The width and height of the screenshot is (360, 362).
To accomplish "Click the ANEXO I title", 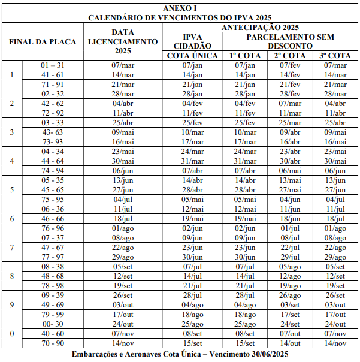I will click(x=180, y=8).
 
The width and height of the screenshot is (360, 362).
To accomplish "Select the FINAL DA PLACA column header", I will click(x=43, y=41).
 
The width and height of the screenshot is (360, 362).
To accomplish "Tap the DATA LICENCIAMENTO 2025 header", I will click(x=122, y=41).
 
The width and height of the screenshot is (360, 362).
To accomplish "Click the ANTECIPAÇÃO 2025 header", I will click(x=260, y=27).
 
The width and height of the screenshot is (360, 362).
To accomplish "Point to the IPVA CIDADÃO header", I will click(x=192, y=41).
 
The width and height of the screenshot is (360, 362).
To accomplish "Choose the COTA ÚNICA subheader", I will click(x=192, y=56).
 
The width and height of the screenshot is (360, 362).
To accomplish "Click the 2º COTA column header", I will click(x=290, y=56).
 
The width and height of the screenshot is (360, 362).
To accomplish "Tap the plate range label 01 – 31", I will click(x=52, y=65).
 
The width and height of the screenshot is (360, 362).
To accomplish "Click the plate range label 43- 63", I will click(x=52, y=132).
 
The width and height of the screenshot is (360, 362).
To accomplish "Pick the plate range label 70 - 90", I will click(x=52, y=343).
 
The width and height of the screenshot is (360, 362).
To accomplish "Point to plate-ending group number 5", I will click(x=12, y=190).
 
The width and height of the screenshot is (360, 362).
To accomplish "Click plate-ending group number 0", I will click(x=12, y=334).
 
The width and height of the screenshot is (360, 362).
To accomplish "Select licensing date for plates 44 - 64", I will click(x=122, y=161).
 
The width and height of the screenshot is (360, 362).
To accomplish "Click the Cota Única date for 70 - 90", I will click(x=192, y=343).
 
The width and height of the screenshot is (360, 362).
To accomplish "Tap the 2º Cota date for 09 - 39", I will click(x=290, y=295).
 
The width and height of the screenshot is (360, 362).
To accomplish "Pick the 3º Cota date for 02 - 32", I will click(x=335, y=94).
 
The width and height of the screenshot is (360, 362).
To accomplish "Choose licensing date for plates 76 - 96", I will click(x=122, y=228).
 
